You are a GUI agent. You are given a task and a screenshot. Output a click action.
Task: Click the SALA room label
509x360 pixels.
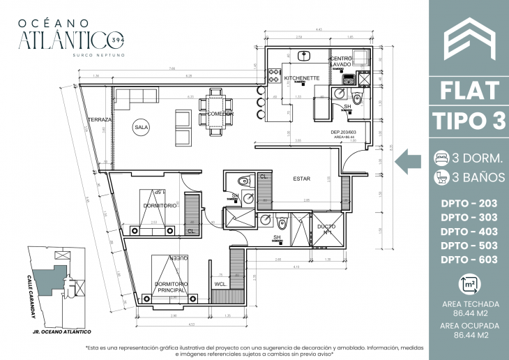point(142,128)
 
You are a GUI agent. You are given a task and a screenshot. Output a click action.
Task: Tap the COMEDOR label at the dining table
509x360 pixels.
point(220,113)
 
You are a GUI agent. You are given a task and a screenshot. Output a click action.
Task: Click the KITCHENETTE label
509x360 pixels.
point(301,78)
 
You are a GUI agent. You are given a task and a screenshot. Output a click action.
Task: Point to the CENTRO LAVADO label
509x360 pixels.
point(341,61)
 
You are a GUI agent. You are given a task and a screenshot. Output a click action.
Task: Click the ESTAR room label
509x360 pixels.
point(301,179)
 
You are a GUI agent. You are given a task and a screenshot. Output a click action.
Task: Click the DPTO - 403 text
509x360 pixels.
point(469,232)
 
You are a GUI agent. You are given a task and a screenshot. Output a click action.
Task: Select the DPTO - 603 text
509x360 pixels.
point(469,260)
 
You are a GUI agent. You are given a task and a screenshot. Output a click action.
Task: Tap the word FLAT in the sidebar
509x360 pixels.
point(469,91)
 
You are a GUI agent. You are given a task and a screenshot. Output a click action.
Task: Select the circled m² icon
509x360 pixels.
point(469,285)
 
